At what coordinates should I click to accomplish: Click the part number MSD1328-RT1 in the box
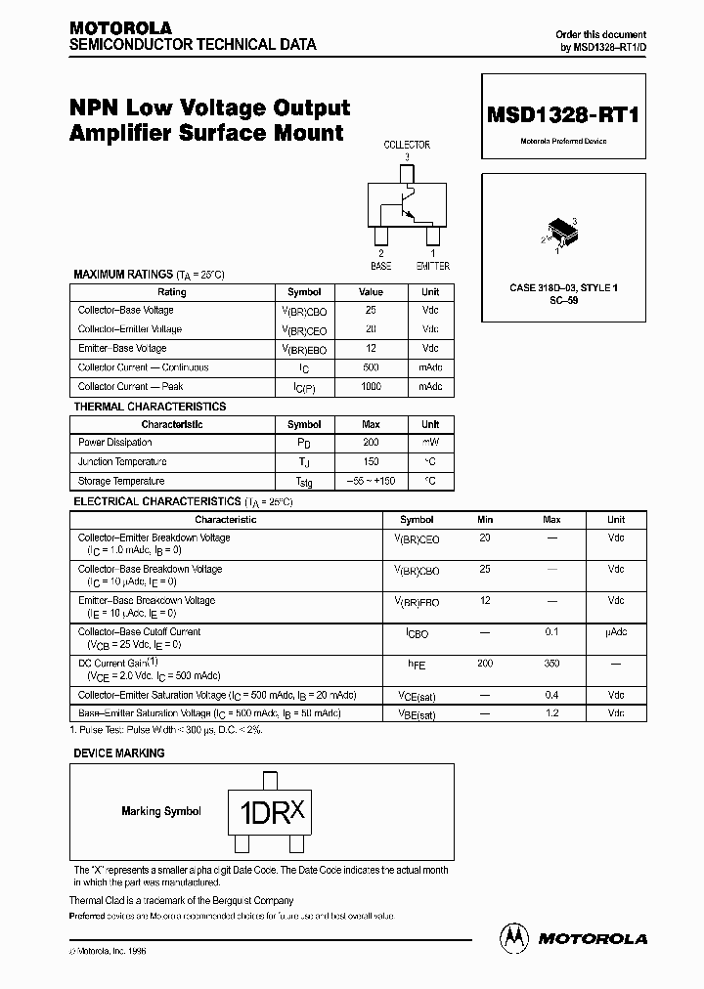(x=562, y=114)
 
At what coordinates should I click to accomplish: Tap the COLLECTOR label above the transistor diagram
(x=406, y=145)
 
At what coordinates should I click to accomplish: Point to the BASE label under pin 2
(x=380, y=265)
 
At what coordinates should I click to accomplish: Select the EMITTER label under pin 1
(x=432, y=265)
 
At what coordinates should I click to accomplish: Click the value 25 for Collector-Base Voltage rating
(x=371, y=310)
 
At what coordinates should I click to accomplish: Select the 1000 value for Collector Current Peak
(x=371, y=387)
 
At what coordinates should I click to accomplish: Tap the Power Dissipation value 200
(x=371, y=443)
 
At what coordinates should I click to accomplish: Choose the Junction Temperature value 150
(x=371, y=461)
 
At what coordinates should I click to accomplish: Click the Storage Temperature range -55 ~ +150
(x=371, y=481)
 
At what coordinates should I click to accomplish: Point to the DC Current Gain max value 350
(x=551, y=664)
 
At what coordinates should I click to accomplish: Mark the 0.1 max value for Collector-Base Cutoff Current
(x=551, y=632)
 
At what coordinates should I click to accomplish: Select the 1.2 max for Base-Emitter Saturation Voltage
(x=551, y=714)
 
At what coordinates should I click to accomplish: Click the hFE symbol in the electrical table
(x=417, y=665)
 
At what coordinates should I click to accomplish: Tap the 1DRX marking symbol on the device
(x=267, y=812)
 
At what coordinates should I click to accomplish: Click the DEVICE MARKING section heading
(x=119, y=753)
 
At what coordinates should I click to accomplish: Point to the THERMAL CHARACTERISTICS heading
(x=150, y=407)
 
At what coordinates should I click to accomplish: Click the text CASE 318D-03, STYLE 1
(x=563, y=288)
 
